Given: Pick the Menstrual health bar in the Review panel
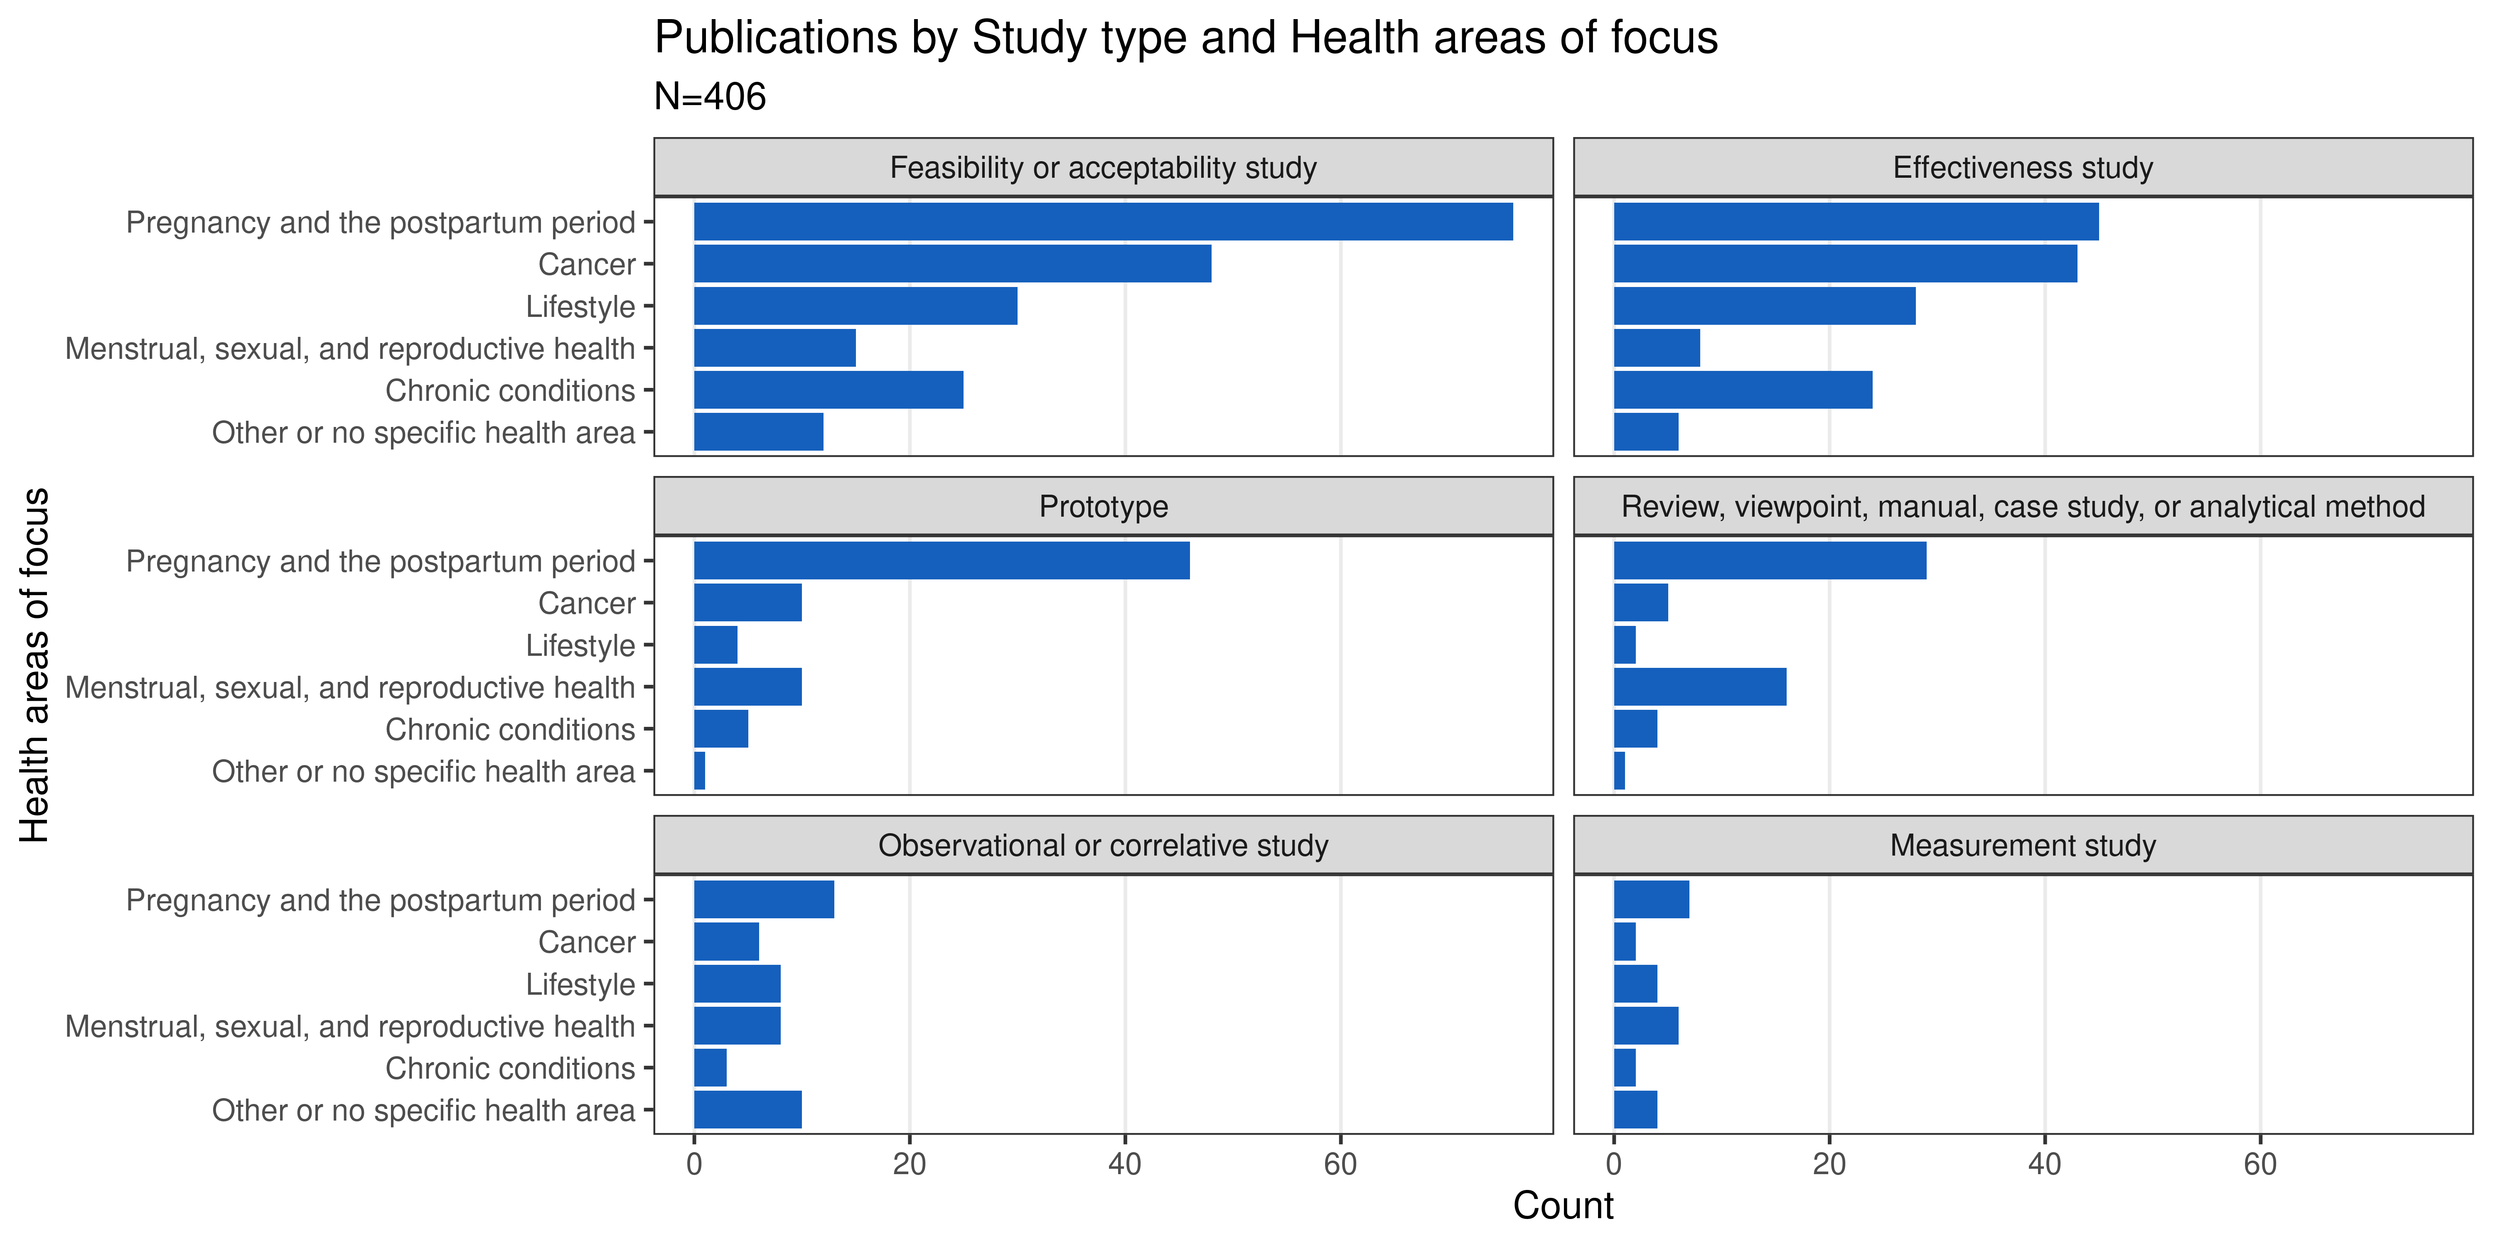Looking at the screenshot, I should (x=1699, y=687).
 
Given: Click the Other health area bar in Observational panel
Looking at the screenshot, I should (x=747, y=1110).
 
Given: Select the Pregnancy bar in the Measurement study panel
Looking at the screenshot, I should (x=1651, y=900).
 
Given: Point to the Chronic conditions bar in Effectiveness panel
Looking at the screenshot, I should (x=1742, y=390).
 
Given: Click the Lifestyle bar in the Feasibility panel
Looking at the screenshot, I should (x=856, y=306).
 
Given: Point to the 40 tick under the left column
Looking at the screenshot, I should (x=1125, y=1164).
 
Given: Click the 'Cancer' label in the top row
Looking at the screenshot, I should (x=586, y=264).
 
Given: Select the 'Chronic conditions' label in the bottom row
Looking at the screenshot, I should (x=510, y=1068).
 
